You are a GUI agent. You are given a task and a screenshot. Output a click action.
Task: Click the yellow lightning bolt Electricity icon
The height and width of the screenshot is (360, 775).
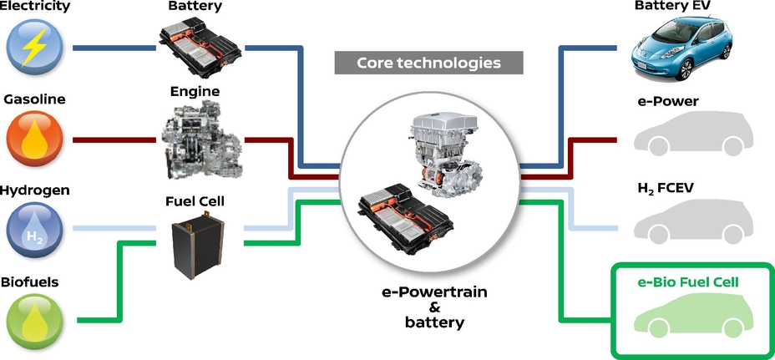click(34, 48)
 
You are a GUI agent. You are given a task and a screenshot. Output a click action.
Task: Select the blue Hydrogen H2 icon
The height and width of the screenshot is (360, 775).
click(34, 229)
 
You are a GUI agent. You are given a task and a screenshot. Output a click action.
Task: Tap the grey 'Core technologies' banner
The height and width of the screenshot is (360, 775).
click(428, 63)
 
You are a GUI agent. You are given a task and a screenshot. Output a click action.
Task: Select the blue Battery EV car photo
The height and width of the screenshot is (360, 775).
click(684, 46)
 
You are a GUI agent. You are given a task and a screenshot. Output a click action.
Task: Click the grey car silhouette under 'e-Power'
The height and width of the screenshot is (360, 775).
click(684, 136)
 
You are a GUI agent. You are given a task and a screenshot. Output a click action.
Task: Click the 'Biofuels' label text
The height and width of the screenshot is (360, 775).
click(29, 282)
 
